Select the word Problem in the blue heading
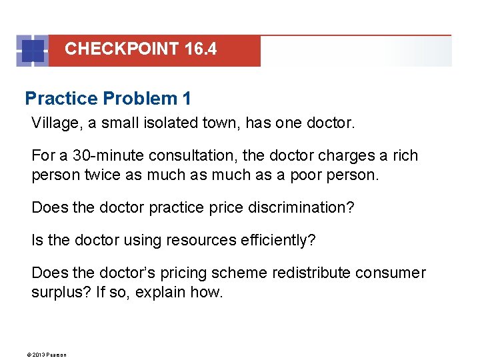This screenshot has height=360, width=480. tap(140, 99)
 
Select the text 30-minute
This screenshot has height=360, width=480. tap(108, 155)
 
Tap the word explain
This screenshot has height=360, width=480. tap(160, 291)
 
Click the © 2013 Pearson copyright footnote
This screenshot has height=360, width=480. tap(49, 354)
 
